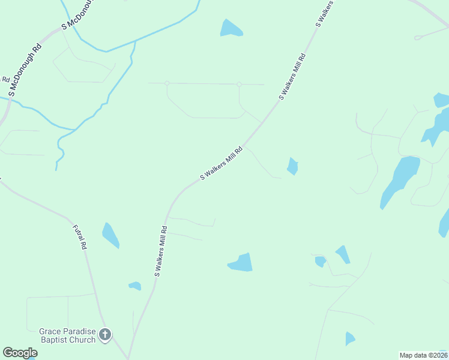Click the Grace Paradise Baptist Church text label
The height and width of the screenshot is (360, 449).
(67, 335)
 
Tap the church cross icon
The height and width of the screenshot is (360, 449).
(105, 335)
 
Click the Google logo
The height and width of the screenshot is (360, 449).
(20, 353)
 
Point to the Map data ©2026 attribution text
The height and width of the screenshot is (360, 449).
(423, 355)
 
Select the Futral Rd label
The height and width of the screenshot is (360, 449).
(80, 237)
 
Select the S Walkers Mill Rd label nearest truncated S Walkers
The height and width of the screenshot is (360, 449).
(292, 76)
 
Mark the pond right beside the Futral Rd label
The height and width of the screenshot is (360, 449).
(110, 235)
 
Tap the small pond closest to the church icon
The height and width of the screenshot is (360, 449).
(135, 286)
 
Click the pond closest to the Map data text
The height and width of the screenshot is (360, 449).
(350, 339)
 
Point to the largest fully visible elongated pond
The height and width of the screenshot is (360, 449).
(399, 181)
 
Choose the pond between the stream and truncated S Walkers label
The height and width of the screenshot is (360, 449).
(231, 28)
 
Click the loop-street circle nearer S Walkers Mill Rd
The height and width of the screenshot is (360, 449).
(239, 84)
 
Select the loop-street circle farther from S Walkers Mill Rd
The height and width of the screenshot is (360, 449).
(167, 83)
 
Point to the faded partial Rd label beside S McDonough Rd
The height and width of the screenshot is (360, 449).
(5, 79)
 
